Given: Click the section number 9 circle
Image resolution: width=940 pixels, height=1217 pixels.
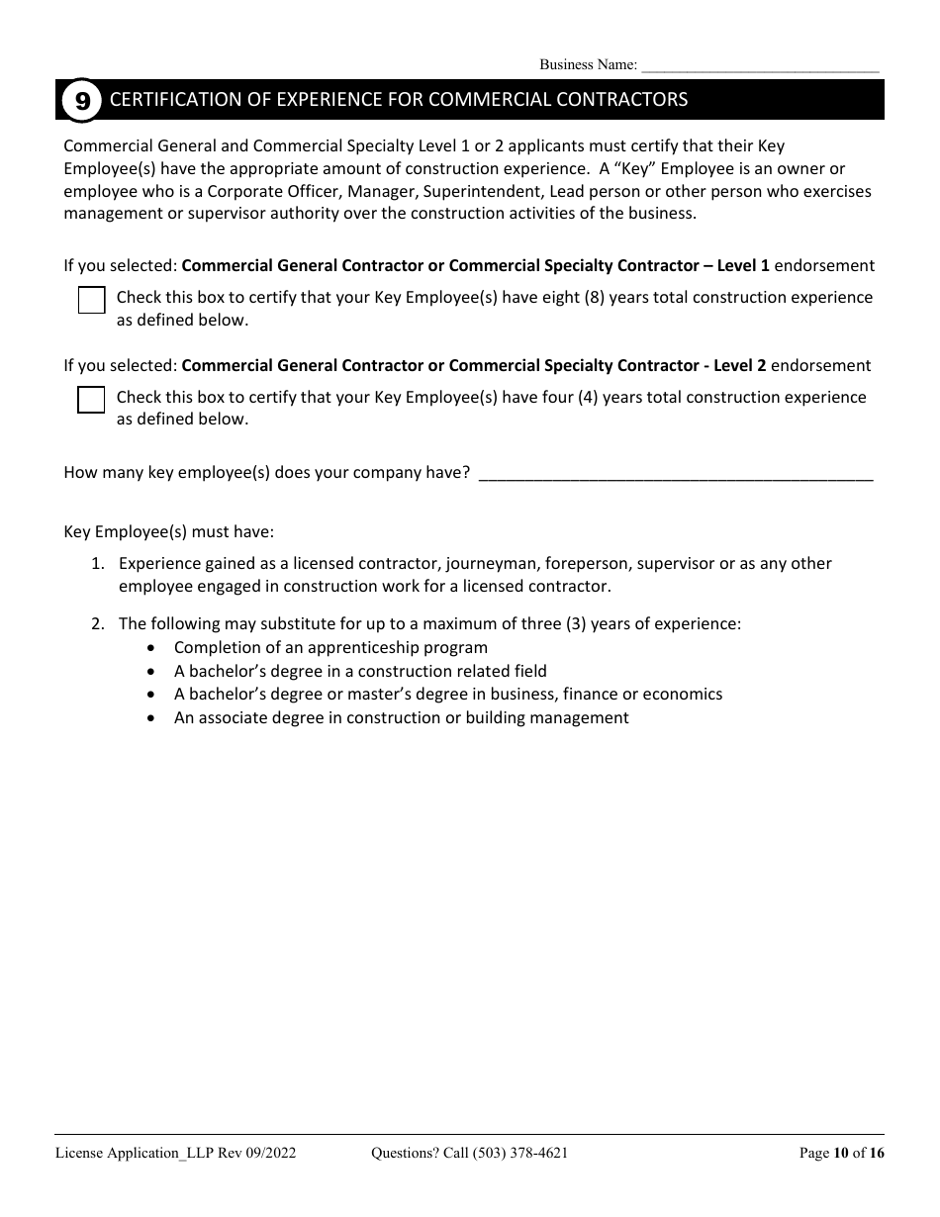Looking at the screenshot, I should (x=82, y=100).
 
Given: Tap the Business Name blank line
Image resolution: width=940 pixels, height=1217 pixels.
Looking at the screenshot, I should (x=760, y=66).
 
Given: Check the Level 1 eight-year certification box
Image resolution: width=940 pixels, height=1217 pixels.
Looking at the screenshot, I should (x=91, y=300).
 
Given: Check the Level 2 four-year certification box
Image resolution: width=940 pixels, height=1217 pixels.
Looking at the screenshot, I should (x=91, y=400).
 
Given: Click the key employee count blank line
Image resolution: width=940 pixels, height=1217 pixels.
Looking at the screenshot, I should (x=675, y=473).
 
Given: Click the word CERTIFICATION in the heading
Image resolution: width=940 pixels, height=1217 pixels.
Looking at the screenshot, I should (x=163, y=100).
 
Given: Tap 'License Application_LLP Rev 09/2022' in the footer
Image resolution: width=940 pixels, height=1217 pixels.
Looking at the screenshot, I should (x=175, y=1152).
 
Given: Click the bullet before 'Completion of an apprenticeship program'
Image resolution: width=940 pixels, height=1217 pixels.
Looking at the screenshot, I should (x=150, y=648).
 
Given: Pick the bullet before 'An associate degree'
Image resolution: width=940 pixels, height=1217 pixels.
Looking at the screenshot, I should (x=150, y=718).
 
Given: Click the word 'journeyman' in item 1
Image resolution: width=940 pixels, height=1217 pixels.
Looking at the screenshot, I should (x=491, y=563).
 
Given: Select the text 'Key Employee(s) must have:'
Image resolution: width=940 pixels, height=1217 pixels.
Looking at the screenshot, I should (x=168, y=531).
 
